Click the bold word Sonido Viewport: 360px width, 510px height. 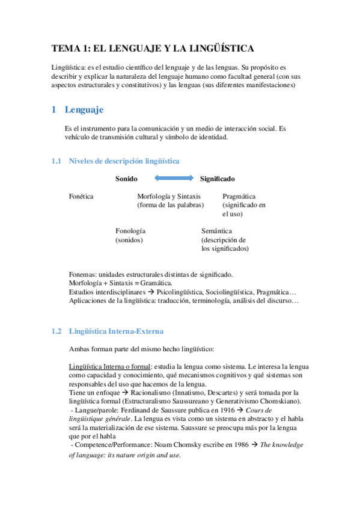point(126,179)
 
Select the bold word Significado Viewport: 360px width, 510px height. point(218,179)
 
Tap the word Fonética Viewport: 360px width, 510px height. point(81,197)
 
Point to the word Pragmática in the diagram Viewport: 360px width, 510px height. point(239,197)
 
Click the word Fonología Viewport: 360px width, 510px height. point(130,231)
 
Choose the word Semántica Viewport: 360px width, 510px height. point(217,231)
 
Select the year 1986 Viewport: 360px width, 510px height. point(238,444)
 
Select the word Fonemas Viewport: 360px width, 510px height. point(82,274)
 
